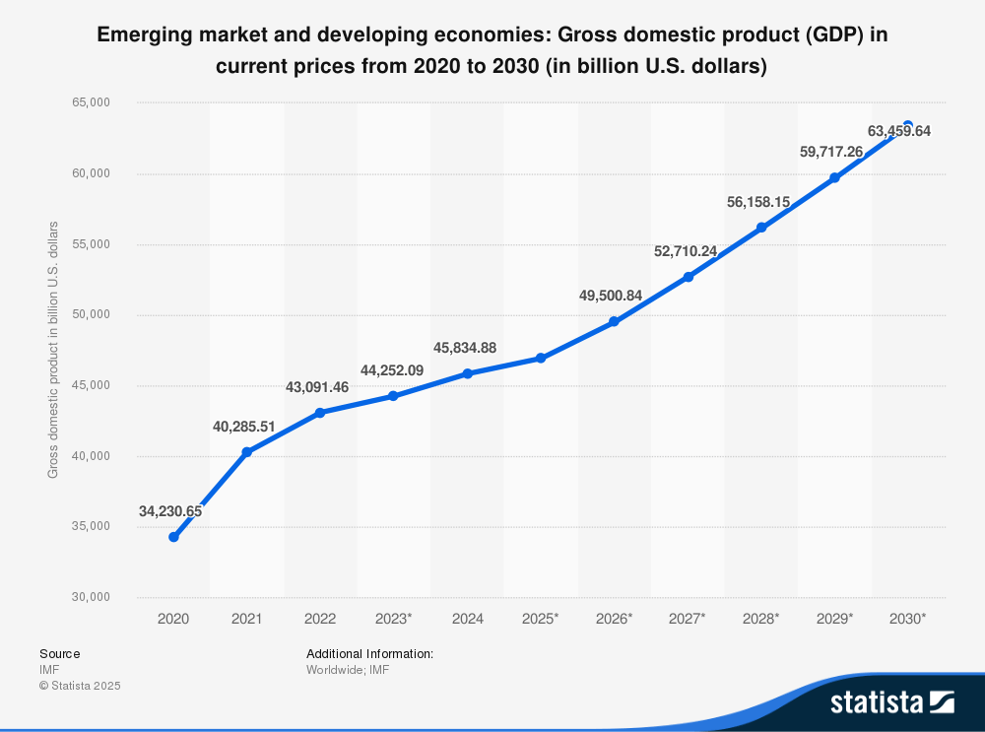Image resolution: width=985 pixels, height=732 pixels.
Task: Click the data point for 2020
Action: click(173, 537)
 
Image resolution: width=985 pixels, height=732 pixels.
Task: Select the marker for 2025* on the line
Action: click(541, 358)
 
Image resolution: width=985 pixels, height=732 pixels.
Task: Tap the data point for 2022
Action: click(320, 413)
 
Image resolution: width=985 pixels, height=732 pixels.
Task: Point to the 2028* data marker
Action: click(760, 228)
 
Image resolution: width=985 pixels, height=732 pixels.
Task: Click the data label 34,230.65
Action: click(170, 511)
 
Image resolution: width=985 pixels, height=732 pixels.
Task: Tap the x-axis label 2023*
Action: click(394, 619)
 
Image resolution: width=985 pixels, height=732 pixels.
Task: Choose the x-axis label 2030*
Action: click(907, 619)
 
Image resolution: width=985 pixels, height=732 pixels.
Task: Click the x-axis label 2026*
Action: click(614, 619)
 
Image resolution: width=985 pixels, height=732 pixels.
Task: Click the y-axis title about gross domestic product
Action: click(53, 350)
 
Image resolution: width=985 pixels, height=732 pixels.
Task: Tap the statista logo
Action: click(891, 701)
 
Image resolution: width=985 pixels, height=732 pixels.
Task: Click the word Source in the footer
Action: click(60, 653)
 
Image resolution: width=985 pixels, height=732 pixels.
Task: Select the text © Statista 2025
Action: click(80, 685)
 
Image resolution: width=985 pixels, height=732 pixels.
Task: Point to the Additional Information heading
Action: click(369, 653)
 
